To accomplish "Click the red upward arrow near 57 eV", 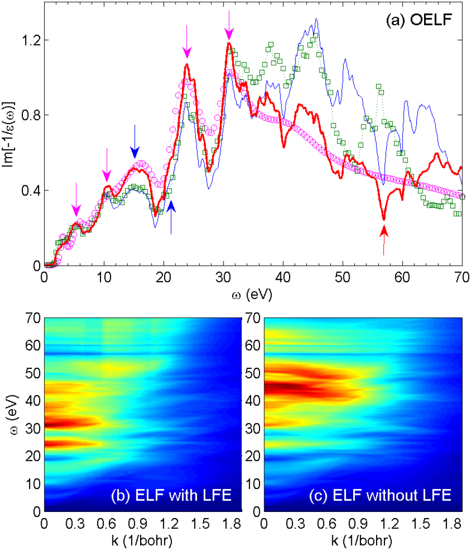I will pos(384,239).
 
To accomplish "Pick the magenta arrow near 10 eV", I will pos(107,165).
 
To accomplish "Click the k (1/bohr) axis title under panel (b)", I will pos(142,540).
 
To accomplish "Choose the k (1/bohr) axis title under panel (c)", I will pos(363,540).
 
